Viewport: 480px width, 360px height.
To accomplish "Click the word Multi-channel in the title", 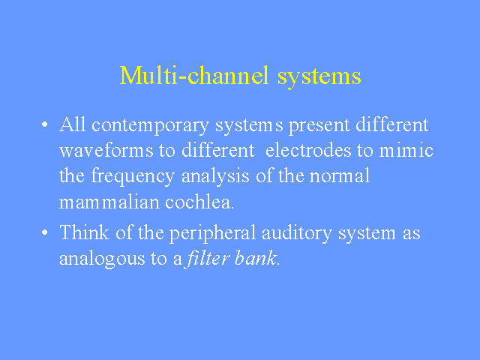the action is click(194, 75).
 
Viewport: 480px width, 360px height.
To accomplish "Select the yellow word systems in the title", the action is click(319, 77).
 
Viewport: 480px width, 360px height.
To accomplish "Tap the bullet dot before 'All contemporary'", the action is click(45, 124).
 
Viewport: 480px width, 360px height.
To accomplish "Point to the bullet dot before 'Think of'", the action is click(45, 232).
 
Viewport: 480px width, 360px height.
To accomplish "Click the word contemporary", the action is click(150, 126).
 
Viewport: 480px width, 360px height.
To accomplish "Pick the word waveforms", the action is click(106, 150).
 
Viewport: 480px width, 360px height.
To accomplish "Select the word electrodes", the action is click(308, 150).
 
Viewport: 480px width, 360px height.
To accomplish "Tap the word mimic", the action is click(406, 150).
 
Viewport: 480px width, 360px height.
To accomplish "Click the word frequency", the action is click(133, 177).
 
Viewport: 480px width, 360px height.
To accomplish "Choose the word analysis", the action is click(215, 177).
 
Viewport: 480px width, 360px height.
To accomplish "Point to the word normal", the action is click(340, 175).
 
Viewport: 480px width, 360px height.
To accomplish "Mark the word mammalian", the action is click(109, 202).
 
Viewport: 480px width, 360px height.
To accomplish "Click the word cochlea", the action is click(199, 202).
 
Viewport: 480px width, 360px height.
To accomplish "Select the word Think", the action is click(84, 232).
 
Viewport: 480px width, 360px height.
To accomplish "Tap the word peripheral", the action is click(212, 233).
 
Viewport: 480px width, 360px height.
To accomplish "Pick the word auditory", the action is click(297, 233).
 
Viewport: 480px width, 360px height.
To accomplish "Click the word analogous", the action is click(102, 259).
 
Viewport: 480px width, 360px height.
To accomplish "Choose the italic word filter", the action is click(207, 258).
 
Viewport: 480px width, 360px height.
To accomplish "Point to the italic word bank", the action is click(256, 258).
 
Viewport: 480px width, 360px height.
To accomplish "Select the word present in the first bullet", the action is click(319, 126).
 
